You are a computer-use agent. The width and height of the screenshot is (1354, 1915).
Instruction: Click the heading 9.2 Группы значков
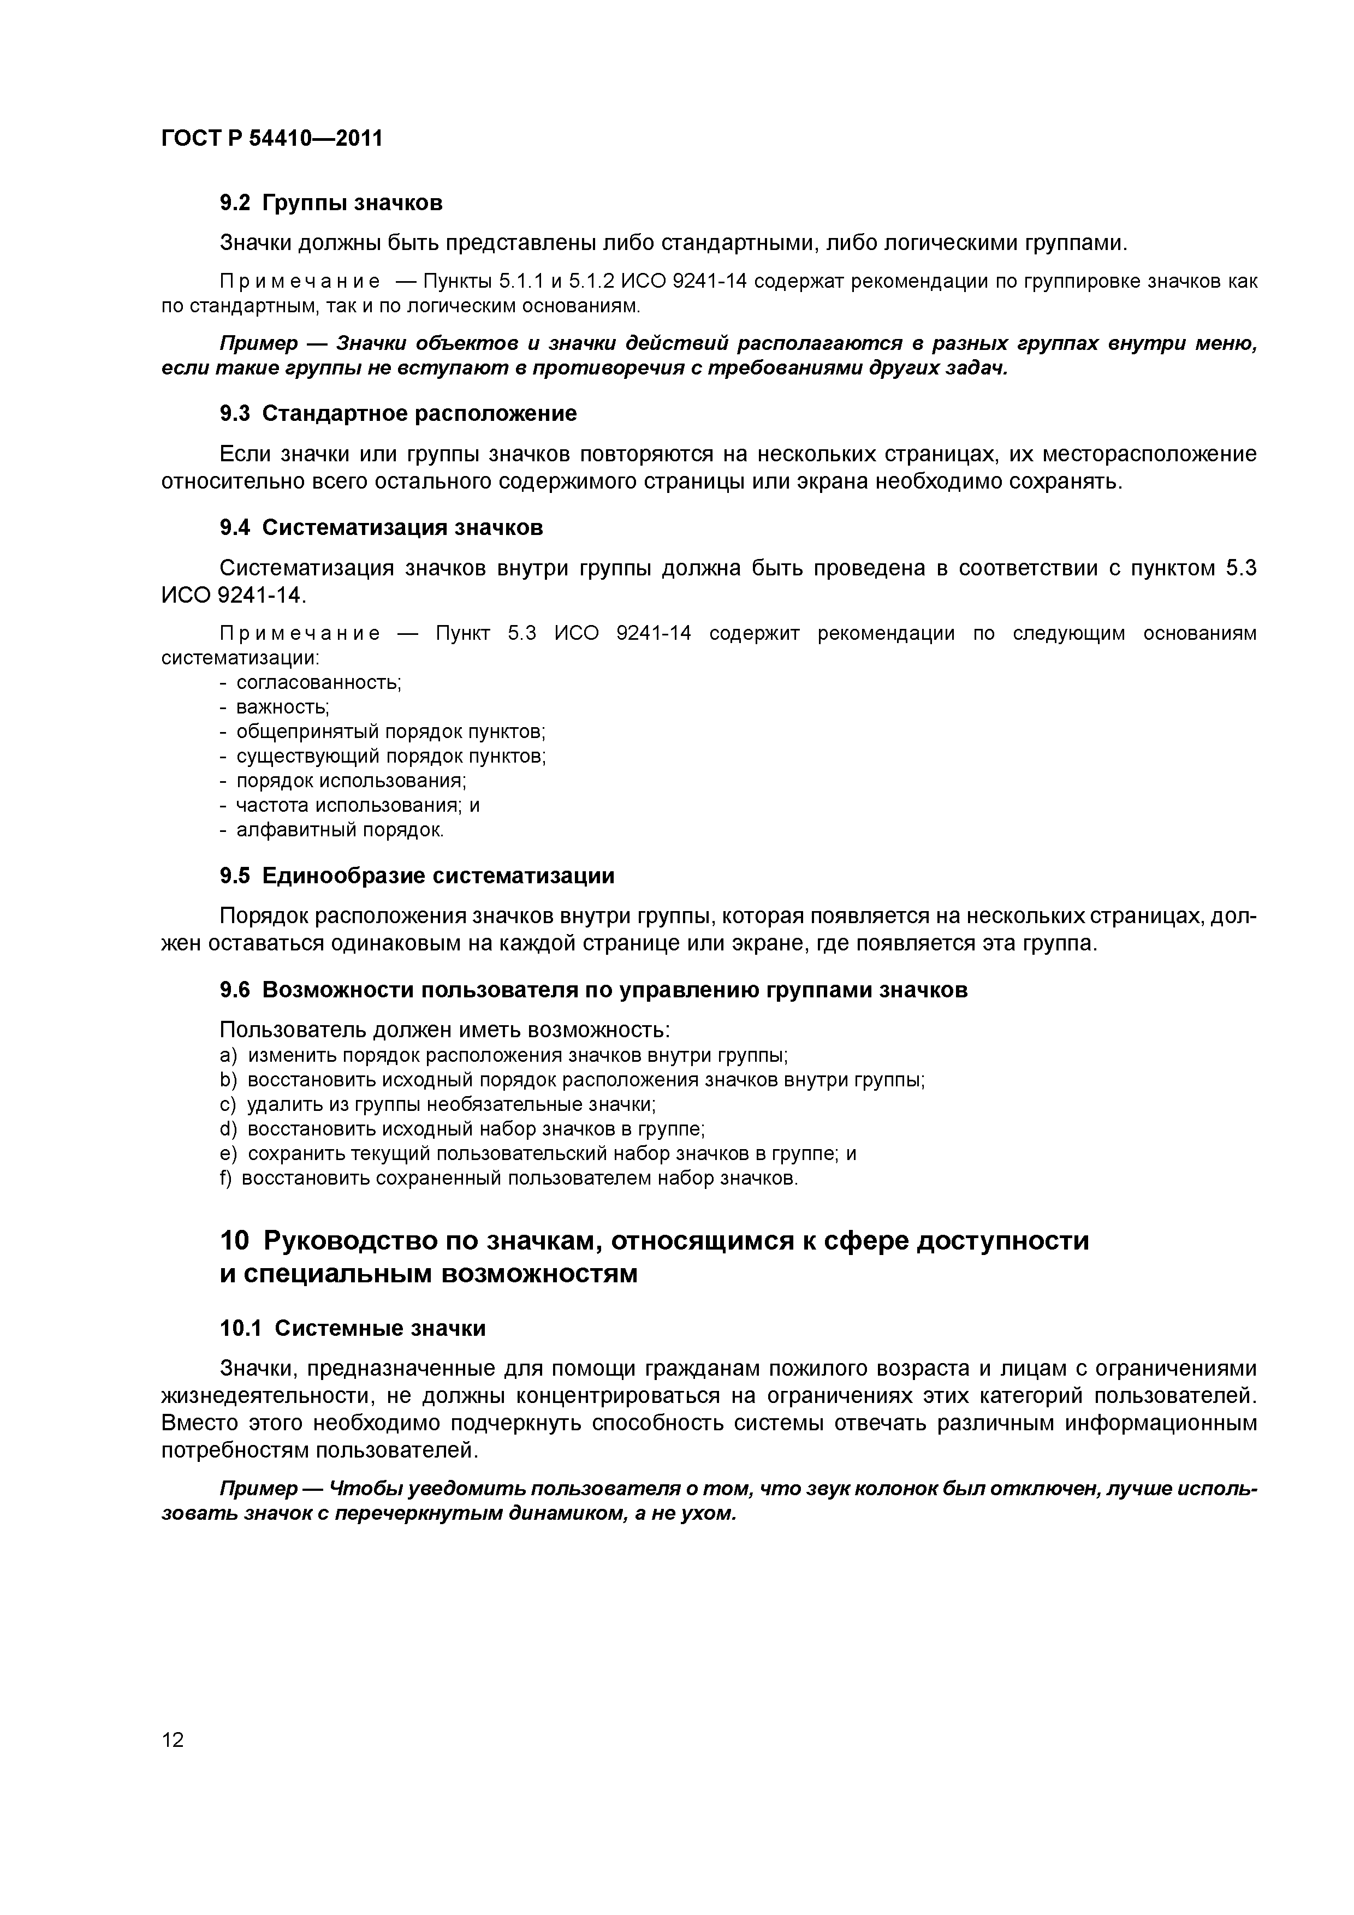330,203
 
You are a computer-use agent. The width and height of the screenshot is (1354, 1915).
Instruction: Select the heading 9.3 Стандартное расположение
398,414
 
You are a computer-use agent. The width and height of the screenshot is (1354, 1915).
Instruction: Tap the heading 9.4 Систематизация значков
381,528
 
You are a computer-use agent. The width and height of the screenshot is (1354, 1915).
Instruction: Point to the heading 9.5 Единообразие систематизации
416,876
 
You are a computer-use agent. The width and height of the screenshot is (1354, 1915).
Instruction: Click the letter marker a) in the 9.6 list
228,1056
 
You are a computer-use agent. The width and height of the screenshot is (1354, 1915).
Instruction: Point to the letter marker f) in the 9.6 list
226,1179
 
